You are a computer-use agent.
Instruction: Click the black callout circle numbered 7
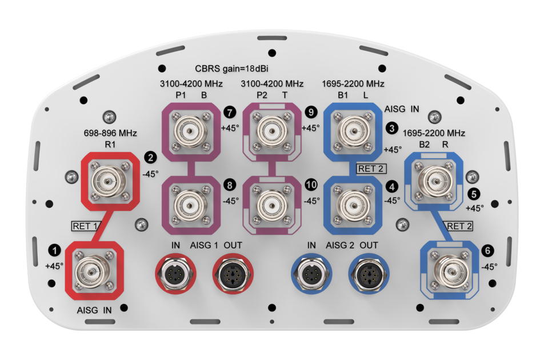point(230,113)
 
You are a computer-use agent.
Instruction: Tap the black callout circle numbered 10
point(311,185)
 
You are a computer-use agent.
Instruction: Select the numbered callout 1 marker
point(54,250)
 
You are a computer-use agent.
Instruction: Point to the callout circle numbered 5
point(474,194)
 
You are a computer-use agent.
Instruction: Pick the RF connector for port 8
point(191,206)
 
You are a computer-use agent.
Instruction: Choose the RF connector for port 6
point(449,271)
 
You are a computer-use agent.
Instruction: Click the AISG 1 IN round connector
point(175,274)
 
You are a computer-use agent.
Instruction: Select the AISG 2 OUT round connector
point(369,274)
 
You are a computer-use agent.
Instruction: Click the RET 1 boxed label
point(85,226)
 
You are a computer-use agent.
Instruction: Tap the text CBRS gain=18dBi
point(231,69)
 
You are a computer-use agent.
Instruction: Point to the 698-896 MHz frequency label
point(110,133)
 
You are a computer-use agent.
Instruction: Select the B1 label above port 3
point(342,95)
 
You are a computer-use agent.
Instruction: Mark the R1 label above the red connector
point(110,145)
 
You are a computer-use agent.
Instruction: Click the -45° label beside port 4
point(392,201)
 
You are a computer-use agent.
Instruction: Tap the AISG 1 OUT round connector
point(233,274)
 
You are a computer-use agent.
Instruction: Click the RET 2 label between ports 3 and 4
point(371,169)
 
